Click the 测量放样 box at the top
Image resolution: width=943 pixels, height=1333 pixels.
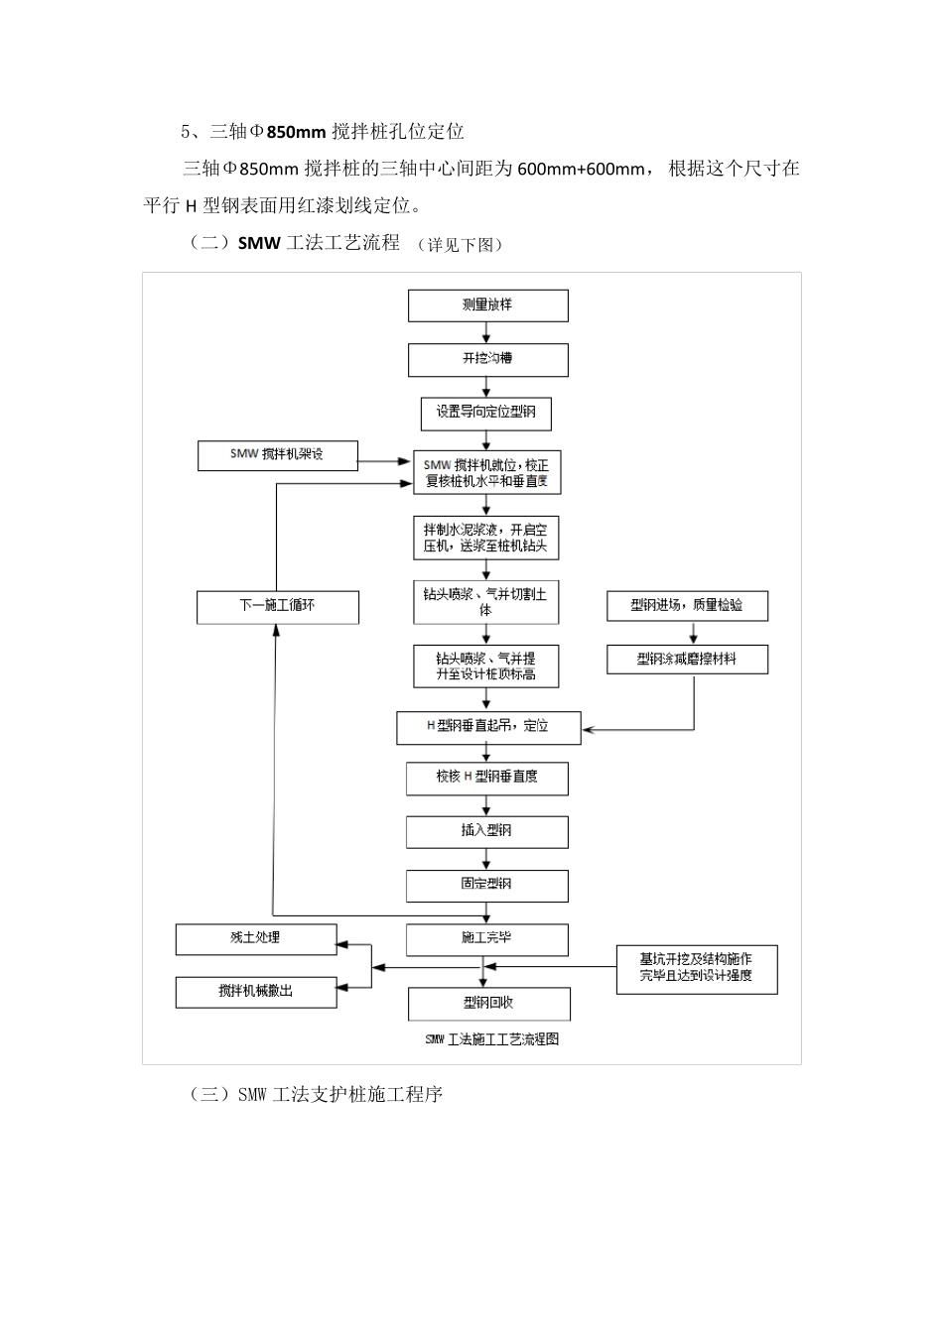pos(487,305)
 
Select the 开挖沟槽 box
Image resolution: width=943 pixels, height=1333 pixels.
pos(487,359)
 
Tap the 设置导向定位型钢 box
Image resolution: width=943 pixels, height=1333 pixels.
pos(485,413)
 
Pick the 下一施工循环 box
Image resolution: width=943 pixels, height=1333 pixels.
pos(277,606)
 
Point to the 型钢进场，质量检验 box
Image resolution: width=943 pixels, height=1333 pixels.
pos(687,605)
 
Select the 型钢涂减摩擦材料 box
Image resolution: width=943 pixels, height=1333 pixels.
pos(687,659)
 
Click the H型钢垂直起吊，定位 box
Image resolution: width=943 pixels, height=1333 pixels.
pos(486,727)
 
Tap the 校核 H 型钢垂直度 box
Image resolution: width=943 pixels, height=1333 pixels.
pos(486,779)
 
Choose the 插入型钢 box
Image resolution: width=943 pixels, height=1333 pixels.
pos(486,831)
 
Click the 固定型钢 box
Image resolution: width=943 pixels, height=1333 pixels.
pos(486,885)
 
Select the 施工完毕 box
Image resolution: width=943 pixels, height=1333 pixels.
pos(486,938)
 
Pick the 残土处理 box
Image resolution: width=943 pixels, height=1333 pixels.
pos(256,938)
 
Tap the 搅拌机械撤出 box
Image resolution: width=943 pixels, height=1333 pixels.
pos(256,992)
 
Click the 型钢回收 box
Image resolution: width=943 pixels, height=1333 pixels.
pos(488,1004)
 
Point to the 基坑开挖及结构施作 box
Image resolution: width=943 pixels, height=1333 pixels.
pos(696,968)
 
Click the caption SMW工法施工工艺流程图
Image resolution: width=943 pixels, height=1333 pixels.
pos(491,1040)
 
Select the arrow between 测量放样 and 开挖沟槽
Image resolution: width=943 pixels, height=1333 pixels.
pos(487,332)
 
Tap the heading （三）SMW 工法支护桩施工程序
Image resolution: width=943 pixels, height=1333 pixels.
pos(315,1095)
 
